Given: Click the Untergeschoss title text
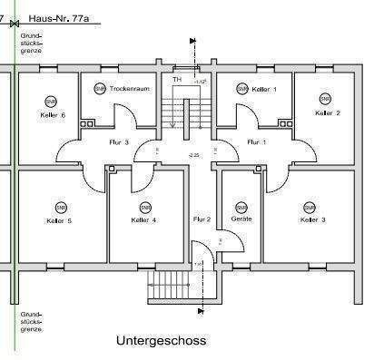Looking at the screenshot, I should pos(161,341).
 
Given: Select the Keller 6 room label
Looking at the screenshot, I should pos(53,115).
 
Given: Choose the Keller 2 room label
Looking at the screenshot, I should pos(327,113).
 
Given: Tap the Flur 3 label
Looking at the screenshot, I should pos(121,142).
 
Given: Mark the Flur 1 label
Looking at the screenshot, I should pos(258,142).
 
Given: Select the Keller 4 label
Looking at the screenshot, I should pos(143,220).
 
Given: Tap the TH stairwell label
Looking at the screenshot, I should pos(177,80).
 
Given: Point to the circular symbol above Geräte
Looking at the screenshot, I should pos(241,204).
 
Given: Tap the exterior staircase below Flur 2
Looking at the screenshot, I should pos(167,289).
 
